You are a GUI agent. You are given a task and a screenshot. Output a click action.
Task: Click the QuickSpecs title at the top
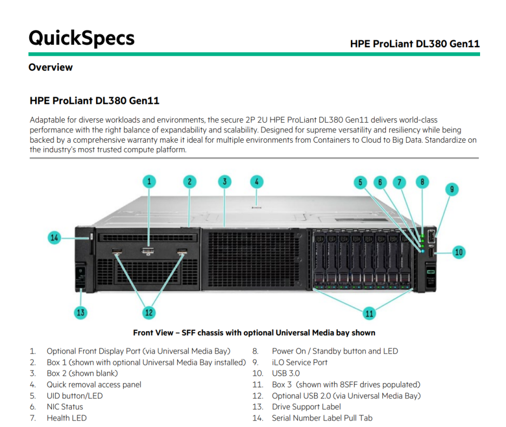81,38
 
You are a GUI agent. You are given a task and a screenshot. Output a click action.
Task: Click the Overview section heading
50,68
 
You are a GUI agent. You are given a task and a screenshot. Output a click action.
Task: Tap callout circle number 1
150,182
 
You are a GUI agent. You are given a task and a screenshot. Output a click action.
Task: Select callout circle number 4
257,182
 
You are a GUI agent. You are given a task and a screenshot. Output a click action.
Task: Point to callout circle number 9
451,189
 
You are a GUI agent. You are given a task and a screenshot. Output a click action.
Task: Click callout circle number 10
458,252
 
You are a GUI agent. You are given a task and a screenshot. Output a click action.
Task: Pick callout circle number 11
369,313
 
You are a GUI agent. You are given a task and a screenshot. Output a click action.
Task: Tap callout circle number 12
149,312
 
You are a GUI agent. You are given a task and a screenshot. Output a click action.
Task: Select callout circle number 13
81,312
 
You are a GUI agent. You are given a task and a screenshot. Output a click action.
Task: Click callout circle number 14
54,237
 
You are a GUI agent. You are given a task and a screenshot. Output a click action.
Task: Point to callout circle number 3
224,182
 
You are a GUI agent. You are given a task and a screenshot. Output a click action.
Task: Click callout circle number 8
422,182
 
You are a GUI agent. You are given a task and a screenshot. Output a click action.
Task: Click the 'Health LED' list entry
66,418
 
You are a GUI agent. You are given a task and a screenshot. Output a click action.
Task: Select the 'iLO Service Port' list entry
299,362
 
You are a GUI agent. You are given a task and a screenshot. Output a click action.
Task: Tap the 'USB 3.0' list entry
285,373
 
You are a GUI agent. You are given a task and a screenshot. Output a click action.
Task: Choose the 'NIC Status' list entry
65,407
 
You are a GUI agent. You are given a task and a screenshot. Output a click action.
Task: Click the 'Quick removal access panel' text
94,385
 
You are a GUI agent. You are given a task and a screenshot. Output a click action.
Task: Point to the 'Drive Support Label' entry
307,407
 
